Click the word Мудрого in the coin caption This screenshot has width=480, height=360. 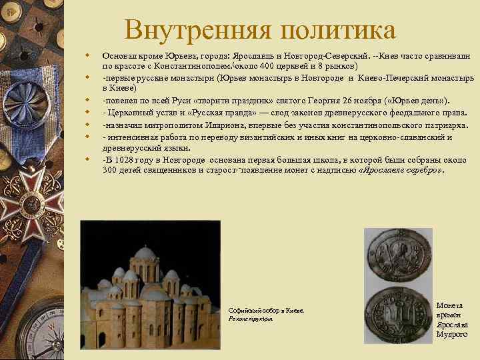point(452,334)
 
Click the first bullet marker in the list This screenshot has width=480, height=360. point(87,57)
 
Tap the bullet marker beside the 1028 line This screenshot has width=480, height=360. point(87,160)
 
